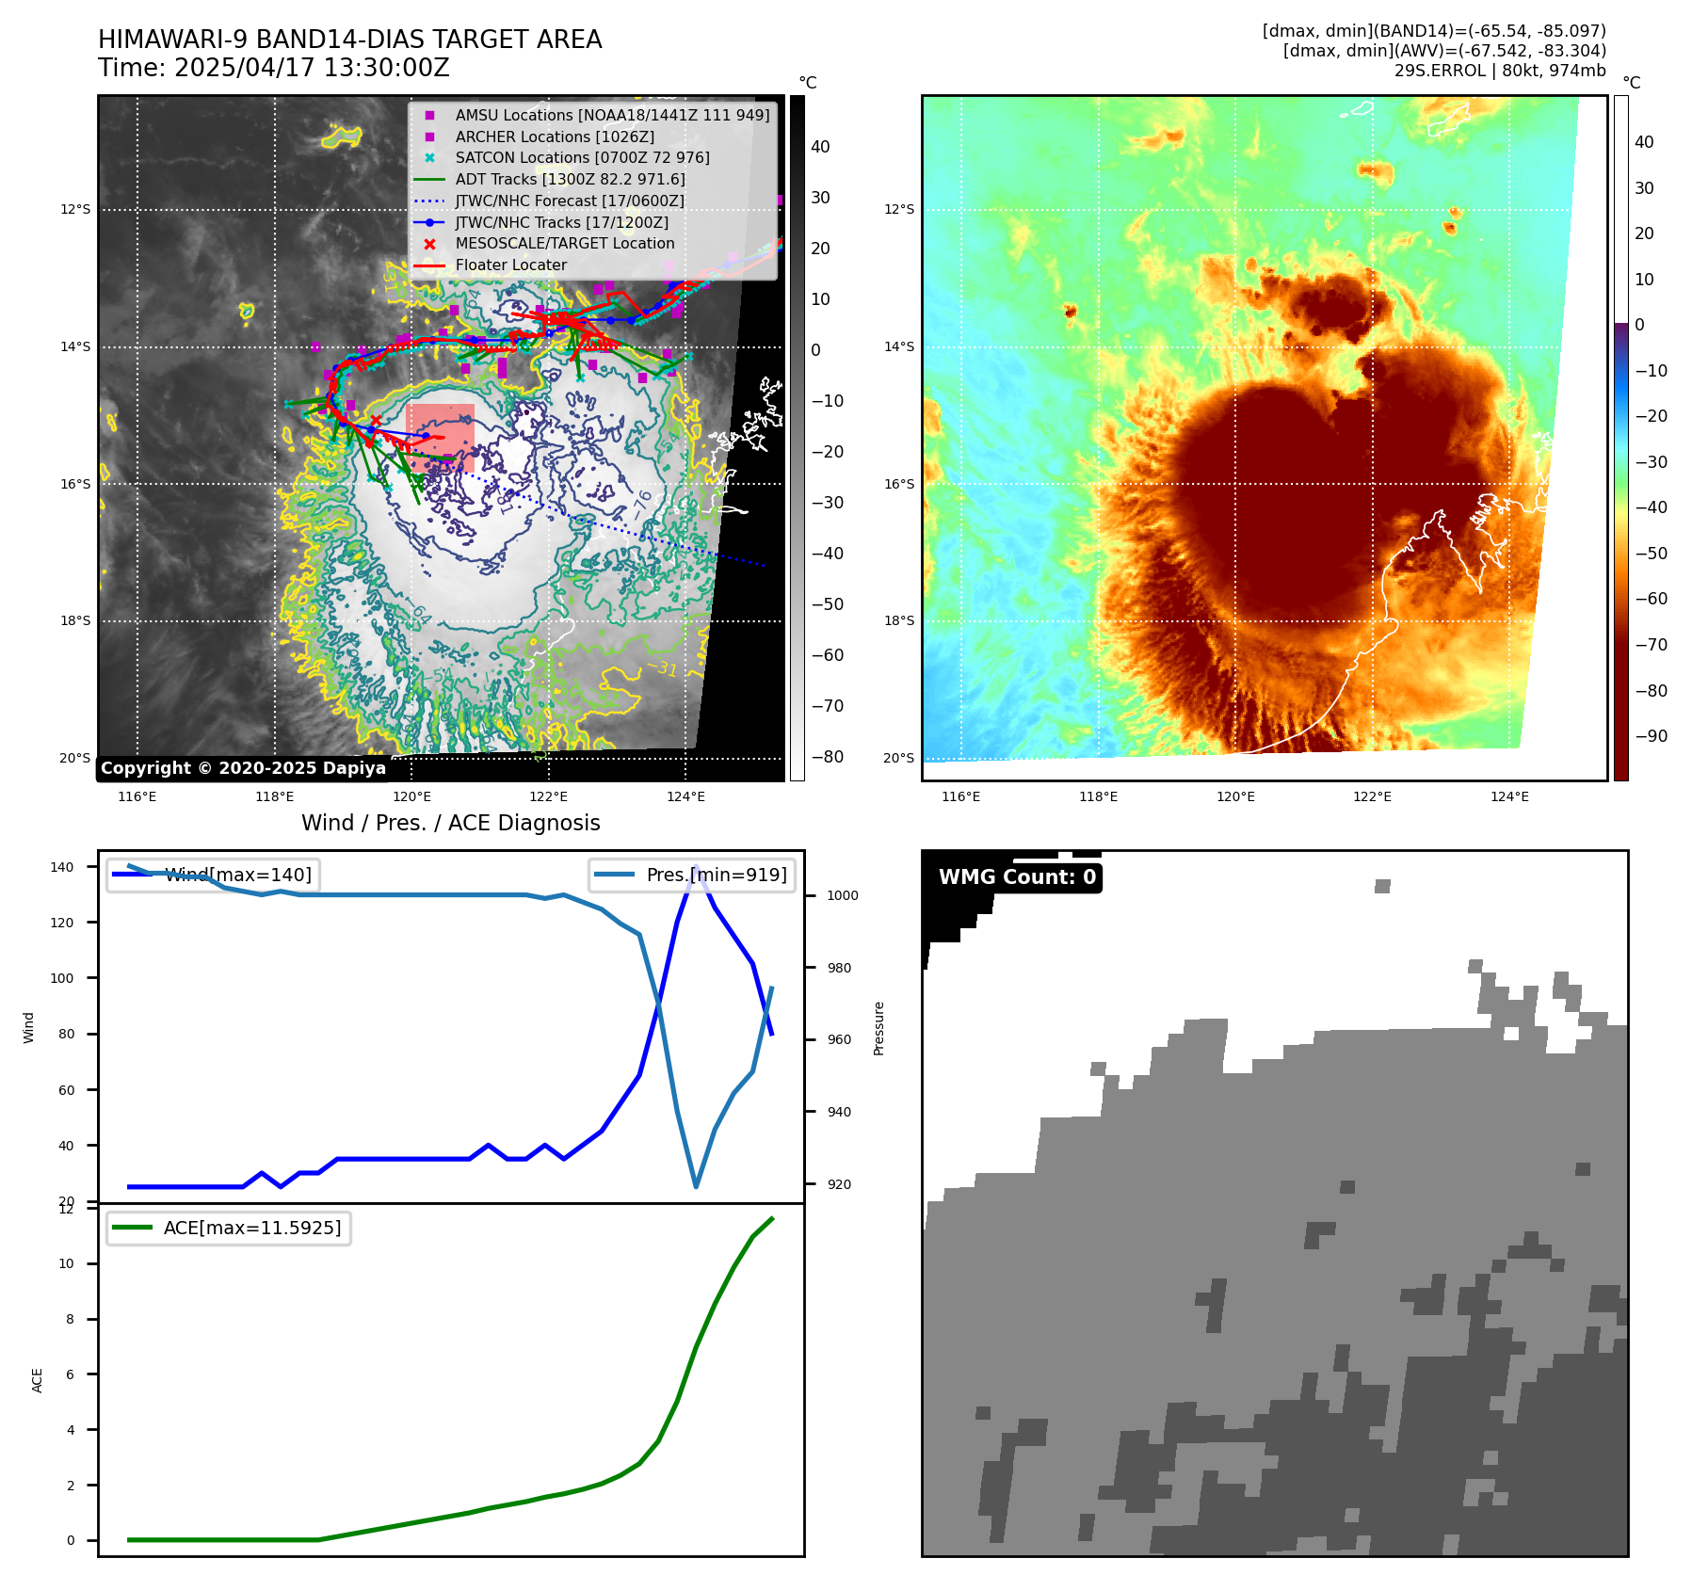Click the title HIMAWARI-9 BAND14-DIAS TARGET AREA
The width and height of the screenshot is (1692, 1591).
pos(349,40)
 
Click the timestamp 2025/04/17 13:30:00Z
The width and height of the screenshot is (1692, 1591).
pos(312,69)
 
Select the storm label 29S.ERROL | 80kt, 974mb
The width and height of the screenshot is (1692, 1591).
pos(1500,71)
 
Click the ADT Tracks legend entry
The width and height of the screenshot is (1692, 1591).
pos(570,179)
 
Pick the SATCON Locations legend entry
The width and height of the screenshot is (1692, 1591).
pos(582,157)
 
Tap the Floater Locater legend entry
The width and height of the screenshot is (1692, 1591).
pos(510,265)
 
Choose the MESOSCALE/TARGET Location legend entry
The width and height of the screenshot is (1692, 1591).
pos(564,243)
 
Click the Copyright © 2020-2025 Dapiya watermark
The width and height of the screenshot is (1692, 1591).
pos(243,768)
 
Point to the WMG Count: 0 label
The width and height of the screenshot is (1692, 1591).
pos(1017,877)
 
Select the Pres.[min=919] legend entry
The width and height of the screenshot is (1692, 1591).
pos(716,875)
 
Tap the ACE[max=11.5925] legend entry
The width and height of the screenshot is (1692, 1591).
pos(251,1228)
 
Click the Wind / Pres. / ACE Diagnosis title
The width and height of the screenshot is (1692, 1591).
pos(450,823)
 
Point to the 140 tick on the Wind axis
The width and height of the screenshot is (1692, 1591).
pos(62,867)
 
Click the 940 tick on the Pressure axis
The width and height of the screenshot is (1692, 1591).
pos(839,1112)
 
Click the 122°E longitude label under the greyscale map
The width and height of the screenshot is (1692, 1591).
pos(548,797)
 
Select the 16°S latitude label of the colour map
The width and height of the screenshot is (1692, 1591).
pos(898,485)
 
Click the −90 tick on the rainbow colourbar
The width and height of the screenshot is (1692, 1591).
pos(1651,736)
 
